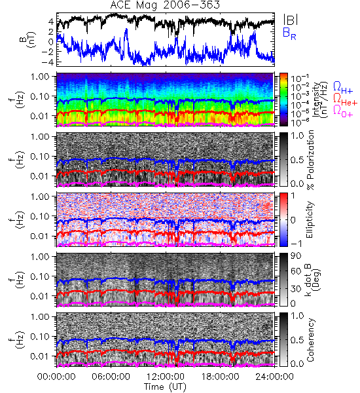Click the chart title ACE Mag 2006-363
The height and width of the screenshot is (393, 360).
click(x=165, y=5)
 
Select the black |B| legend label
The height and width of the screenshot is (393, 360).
click(x=291, y=20)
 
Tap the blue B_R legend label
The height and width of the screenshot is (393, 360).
click(x=289, y=33)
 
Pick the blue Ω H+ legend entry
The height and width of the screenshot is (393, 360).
click(x=343, y=88)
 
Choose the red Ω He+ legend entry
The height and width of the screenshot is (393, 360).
click(x=345, y=100)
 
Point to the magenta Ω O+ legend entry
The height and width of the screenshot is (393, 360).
click(x=343, y=111)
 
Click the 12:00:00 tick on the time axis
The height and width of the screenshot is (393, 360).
click(x=166, y=377)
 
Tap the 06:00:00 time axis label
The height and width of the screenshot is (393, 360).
click(x=111, y=377)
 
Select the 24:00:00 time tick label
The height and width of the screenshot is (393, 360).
click(x=274, y=377)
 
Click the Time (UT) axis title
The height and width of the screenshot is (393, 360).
click(x=165, y=386)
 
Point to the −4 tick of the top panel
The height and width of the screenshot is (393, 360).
click(x=48, y=62)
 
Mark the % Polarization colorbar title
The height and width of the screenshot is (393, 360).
click(x=311, y=160)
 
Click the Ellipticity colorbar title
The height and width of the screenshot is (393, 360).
click(x=310, y=219)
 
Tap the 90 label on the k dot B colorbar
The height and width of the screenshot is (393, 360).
click(x=296, y=255)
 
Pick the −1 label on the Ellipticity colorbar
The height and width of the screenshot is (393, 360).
click(x=296, y=244)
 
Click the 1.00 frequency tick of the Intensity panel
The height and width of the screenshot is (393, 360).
click(x=41, y=76)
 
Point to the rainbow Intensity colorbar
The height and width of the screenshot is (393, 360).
click(x=283, y=100)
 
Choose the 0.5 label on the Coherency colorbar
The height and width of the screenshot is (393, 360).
click(x=297, y=340)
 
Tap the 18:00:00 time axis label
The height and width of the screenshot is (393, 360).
click(x=220, y=377)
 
